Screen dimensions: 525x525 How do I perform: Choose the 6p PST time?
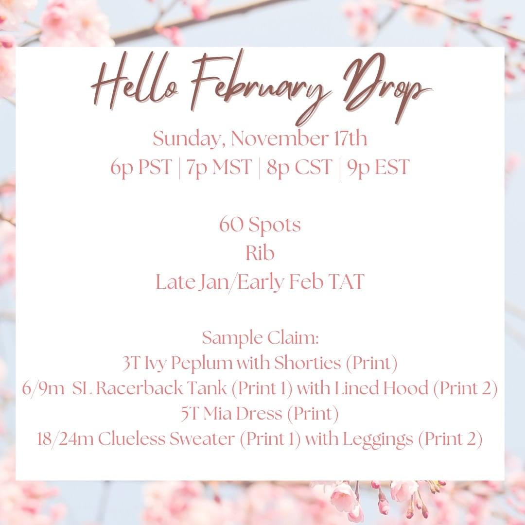141,167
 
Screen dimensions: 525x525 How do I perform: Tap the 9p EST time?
378,167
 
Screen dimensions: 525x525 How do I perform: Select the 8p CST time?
299,167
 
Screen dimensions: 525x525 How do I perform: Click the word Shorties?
307,363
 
